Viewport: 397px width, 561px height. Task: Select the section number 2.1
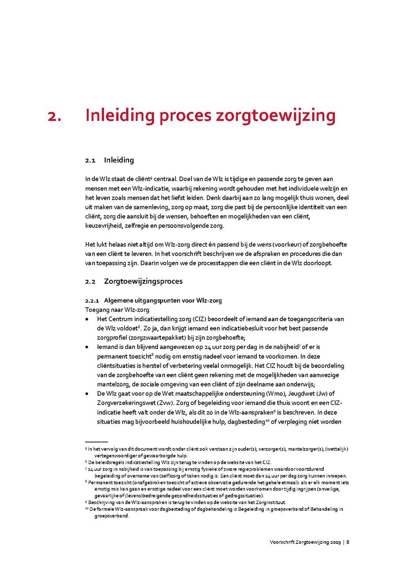click(x=90, y=160)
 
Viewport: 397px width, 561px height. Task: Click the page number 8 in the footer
click(x=348, y=542)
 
